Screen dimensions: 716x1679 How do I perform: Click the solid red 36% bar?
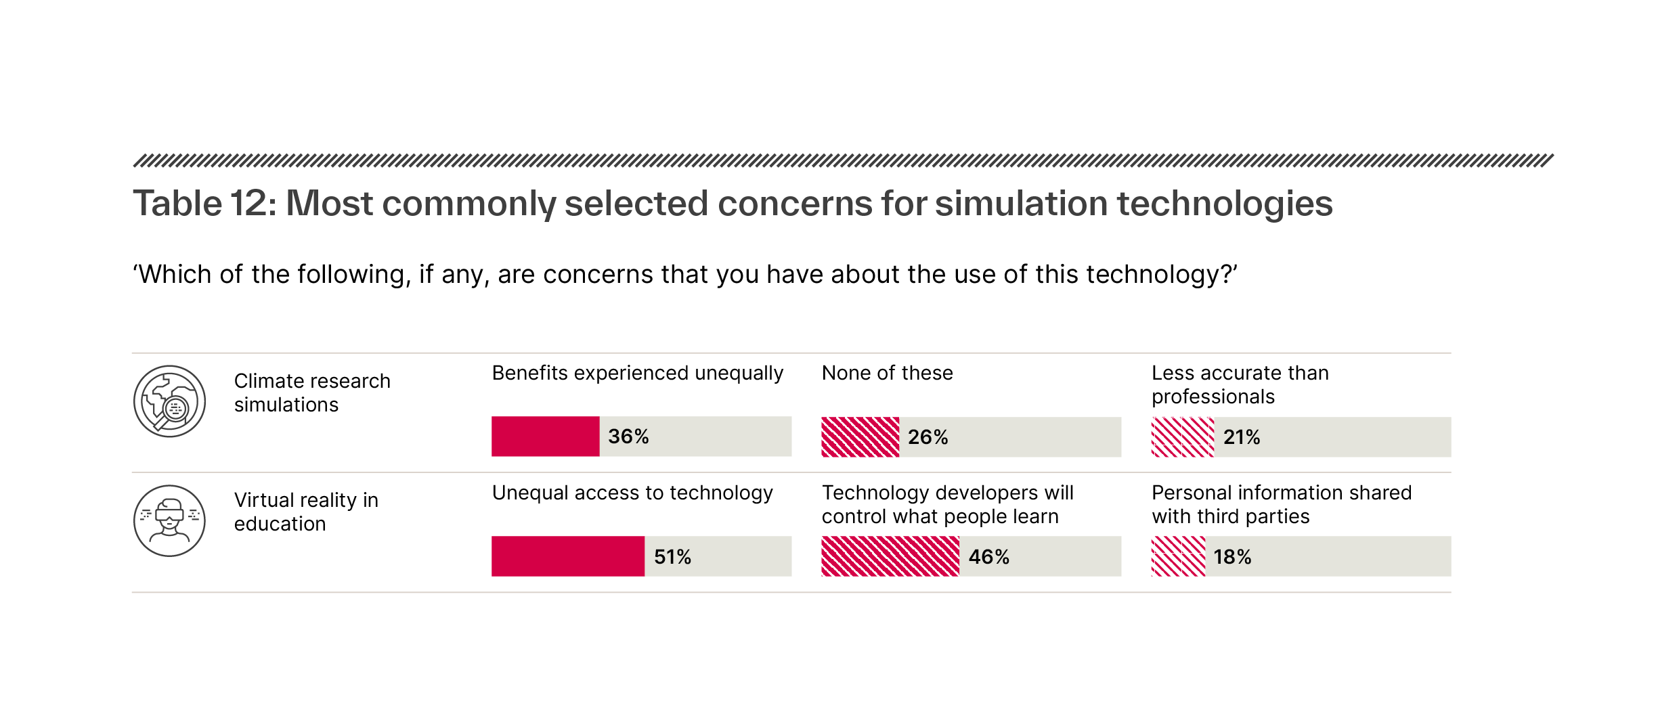click(545, 437)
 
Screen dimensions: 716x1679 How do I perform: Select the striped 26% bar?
click(860, 437)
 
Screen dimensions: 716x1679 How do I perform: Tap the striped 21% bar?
click(1182, 437)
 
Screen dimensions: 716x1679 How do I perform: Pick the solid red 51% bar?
click(567, 556)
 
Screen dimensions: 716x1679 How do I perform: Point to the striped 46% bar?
click(890, 556)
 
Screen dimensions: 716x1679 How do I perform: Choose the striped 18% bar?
click(1178, 556)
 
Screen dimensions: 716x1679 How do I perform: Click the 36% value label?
click(628, 437)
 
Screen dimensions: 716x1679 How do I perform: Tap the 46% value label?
click(988, 557)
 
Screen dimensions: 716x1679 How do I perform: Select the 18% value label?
click(1232, 557)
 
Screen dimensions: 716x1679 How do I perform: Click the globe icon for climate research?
click(169, 401)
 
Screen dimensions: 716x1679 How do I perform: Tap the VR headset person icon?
click(169, 520)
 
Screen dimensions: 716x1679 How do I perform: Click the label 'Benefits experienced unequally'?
click(637, 373)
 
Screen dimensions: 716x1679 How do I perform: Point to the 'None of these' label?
click(887, 373)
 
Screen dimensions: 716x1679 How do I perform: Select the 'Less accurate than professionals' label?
click(1239, 384)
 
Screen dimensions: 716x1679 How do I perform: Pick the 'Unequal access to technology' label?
click(632, 493)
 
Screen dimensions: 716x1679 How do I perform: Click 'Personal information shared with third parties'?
click(1281, 504)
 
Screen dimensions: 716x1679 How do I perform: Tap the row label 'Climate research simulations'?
click(311, 393)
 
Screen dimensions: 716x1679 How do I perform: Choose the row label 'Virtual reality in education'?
click(305, 512)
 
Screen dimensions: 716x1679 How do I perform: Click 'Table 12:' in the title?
click(204, 204)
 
